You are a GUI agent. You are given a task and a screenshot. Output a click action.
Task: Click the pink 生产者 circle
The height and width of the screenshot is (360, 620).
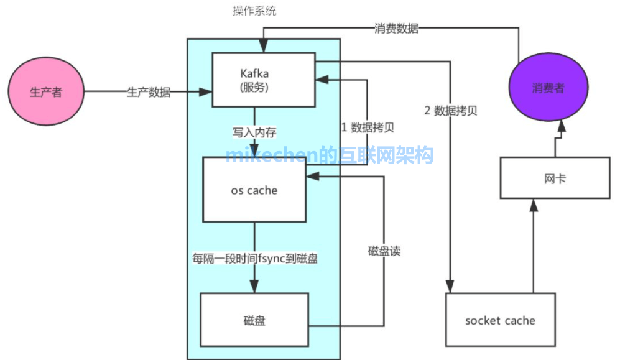(x=46, y=91)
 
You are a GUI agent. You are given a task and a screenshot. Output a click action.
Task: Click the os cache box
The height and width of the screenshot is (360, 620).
(x=254, y=190)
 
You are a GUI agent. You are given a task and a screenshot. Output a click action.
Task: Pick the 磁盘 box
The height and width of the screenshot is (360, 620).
(x=254, y=320)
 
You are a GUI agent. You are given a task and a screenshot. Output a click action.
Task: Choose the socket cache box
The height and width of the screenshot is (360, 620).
(x=500, y=320)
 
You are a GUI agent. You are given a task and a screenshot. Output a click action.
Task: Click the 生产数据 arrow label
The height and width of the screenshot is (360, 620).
(x=149, y=92)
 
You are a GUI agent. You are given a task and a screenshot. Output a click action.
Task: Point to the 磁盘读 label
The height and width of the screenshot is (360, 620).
(x=384, y=251)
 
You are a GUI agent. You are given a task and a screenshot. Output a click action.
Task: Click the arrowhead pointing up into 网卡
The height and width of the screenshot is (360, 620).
(x=533, y=205)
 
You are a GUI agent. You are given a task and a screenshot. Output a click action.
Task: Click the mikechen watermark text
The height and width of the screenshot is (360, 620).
(x=330, y=155)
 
